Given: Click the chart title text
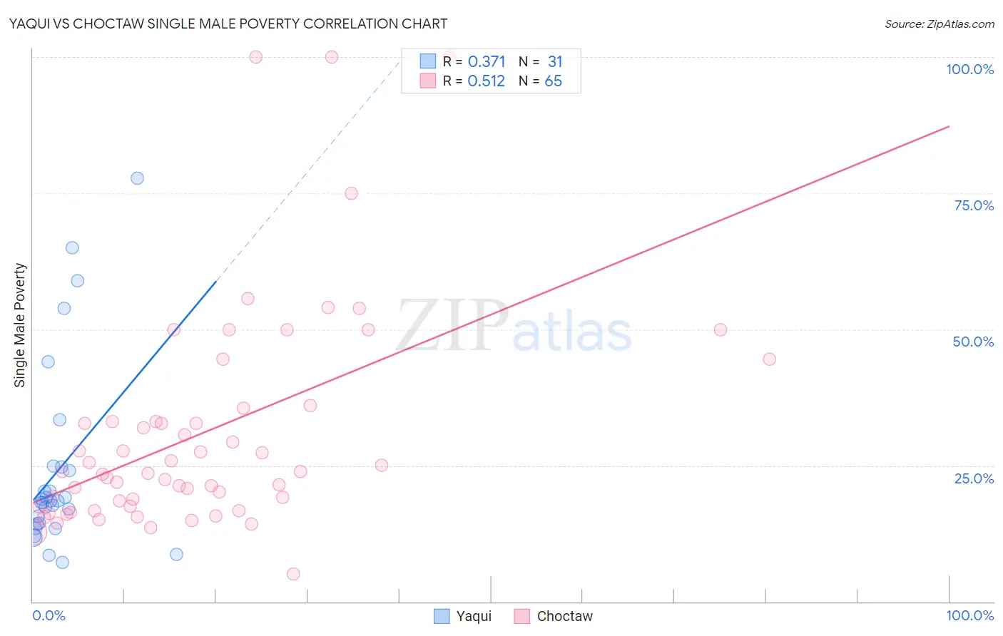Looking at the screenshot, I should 228,24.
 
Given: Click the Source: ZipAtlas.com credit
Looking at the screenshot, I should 939,24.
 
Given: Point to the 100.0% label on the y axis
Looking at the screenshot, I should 969,69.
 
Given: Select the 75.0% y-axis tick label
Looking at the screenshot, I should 974,205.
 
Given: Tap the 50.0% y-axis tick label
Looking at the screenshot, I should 973,342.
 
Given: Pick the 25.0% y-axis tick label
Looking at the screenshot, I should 974,478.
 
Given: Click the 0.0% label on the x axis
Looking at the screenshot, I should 49,615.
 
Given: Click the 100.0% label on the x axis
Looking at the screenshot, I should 969,615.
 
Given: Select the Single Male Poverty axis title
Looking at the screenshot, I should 20,325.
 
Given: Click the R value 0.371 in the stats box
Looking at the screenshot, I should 487,62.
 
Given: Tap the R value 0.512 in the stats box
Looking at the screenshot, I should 487,81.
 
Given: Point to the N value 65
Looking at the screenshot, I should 554,81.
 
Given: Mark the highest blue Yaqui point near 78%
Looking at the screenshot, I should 137,178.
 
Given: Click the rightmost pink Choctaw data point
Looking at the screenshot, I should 769,359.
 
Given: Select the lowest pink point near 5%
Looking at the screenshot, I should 293,574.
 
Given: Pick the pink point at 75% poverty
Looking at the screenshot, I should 351,193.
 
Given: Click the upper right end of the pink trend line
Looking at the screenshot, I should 949,126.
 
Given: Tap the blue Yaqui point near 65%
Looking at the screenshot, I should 72,248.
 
